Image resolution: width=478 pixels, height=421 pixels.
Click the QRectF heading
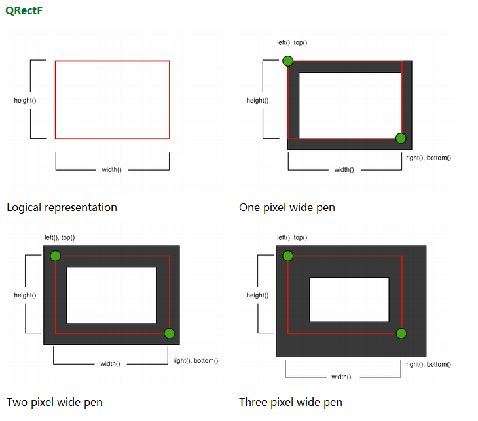24,10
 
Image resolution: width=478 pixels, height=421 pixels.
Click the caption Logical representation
62,207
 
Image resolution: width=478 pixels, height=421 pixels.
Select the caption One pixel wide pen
287,207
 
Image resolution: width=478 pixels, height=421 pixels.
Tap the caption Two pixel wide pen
54,402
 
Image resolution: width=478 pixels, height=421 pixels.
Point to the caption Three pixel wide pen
291,402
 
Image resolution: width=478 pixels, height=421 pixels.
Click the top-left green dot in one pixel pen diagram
287,61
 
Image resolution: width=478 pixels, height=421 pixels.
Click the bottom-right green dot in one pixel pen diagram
401,138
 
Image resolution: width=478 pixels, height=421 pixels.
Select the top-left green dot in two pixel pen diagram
56,256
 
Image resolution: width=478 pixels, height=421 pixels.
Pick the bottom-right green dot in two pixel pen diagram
169,333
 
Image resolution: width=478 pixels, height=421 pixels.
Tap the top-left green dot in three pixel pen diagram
287,256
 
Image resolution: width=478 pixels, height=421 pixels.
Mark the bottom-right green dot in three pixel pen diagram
401,333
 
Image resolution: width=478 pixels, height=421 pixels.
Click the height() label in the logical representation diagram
25,101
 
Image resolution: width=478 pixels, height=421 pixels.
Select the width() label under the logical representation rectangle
111,169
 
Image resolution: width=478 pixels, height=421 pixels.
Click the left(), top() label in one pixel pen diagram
292,42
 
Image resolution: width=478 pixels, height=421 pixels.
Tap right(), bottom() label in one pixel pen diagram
428,158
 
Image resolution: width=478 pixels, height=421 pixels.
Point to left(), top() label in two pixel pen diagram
60,237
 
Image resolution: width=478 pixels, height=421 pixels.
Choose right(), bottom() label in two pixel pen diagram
196,361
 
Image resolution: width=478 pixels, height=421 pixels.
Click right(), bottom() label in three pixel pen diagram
428,364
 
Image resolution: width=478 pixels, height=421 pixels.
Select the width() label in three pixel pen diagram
341,377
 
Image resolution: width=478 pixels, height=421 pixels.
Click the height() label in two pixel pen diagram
25,295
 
